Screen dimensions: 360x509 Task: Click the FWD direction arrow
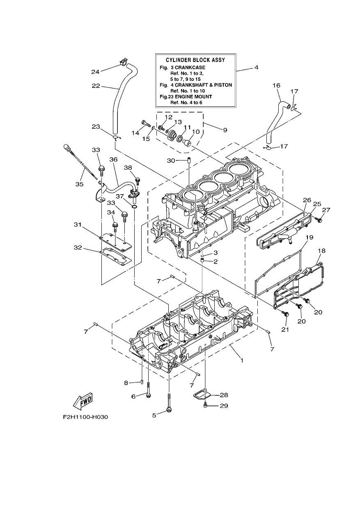click(83, 402)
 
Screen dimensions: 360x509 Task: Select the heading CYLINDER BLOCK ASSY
click(195, 60)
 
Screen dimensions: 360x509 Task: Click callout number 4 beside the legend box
click(256, 67)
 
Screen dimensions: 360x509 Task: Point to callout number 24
click(96, 72)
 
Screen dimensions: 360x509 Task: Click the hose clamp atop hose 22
click(122, 62)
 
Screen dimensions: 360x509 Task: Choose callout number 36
click(113, 160)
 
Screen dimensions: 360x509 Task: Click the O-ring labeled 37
click(134, 206)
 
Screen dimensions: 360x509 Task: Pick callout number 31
click(78, 225)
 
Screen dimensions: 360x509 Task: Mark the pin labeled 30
click(189, 160)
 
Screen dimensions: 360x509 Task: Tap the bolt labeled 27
click(319, 220)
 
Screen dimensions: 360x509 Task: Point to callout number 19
click(310, 237)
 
